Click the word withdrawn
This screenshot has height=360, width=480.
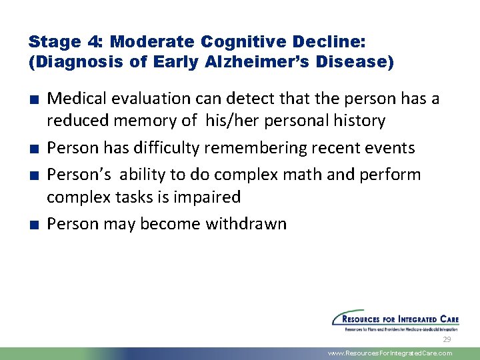tap(245, 223)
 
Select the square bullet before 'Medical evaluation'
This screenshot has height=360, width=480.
tap(33, 99)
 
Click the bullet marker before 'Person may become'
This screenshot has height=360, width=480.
tap(33, 224)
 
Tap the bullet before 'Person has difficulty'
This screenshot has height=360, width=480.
tap(33, 148)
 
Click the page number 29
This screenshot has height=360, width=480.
tap(446, 340)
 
